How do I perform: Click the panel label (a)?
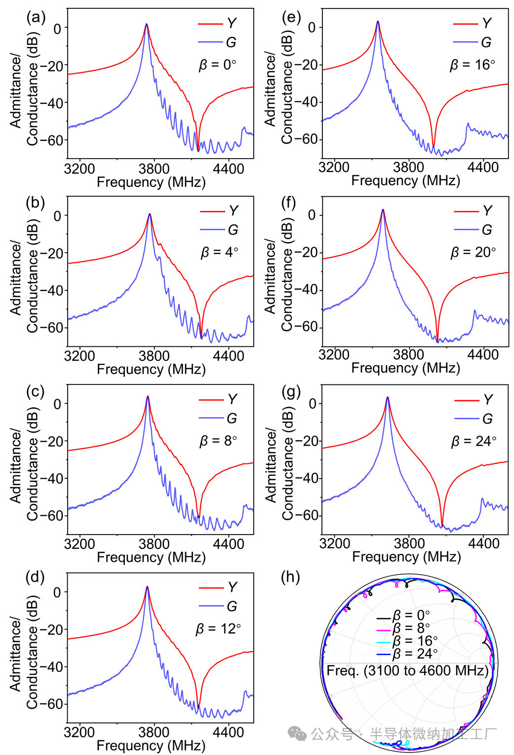[36, 18]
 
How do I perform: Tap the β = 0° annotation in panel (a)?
[217, 65]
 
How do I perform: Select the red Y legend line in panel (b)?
[212, 211]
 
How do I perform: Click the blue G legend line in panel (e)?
[465, 42]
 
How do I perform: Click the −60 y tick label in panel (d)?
[51, 704]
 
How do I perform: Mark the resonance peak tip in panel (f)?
[383, 210]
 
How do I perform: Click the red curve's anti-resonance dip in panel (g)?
[442, 525]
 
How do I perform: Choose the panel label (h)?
[290, 577]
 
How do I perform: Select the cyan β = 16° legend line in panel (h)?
[384, 642]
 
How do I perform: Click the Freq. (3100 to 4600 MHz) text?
[407, 671]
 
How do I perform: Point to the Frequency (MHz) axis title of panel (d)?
[151, 745]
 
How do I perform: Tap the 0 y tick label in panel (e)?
[311, 28]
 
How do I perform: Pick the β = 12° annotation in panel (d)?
[218, 629]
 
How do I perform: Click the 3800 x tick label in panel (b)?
[154, 356]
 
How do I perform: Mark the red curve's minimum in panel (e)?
[434, 146]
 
